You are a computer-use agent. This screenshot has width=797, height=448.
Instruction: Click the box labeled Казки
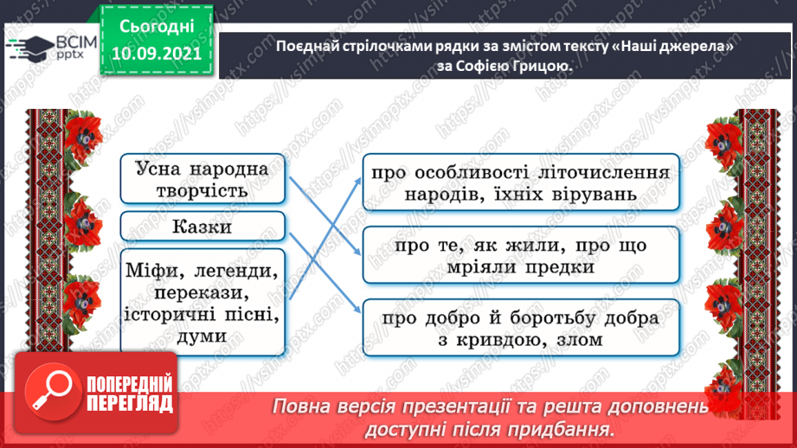pos(202,226)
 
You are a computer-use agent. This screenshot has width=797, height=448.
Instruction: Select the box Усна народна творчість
pos(202,179)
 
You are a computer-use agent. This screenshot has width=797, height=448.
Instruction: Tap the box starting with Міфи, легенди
pos(202,302)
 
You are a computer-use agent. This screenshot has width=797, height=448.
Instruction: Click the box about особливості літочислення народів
pos(521,182)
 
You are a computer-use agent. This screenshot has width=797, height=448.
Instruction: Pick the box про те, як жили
pos(521,255)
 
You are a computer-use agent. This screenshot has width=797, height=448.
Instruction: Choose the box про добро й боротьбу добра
pos(521,328)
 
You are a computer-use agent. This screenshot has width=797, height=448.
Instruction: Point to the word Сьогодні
pos(157,27)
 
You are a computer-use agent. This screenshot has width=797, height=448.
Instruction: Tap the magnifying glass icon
pos(52,392)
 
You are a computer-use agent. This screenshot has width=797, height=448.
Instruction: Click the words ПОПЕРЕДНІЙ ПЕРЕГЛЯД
pos(130,394)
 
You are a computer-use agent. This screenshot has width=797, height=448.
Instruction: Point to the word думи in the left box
pos(202,336)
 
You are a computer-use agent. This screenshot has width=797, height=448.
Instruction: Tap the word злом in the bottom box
pos(580,340)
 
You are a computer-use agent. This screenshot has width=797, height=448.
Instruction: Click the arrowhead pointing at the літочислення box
pos(358,182)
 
